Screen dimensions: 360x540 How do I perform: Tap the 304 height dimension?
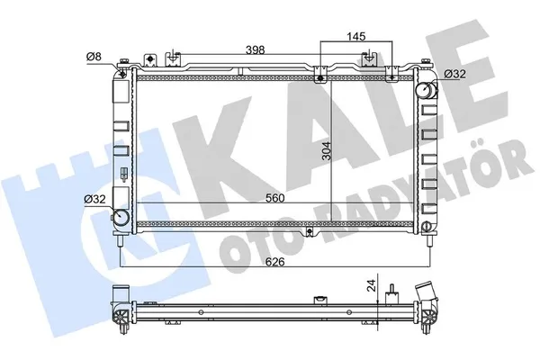point(337,154)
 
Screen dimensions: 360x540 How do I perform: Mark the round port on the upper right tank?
point(423,91)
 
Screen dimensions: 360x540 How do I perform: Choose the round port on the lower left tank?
point(120,218)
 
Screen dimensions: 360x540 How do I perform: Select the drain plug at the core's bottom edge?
point(310,232)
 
